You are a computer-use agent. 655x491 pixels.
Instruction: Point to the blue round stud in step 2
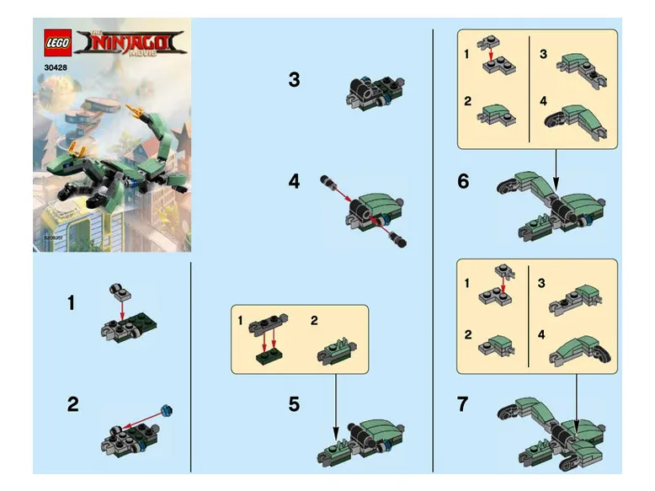pyautogui.click(x=166, y=409)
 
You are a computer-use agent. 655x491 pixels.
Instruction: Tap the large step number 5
pyautogui.click(x=293, y=404)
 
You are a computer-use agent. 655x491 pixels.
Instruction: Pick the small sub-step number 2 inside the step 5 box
pyautogui.click(x=314, y=320)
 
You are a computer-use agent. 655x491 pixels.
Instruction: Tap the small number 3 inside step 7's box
pyautogui.click(x=543, y=285)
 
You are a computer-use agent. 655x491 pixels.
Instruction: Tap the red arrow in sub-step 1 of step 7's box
pyautogui.click(x=503, y=285)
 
